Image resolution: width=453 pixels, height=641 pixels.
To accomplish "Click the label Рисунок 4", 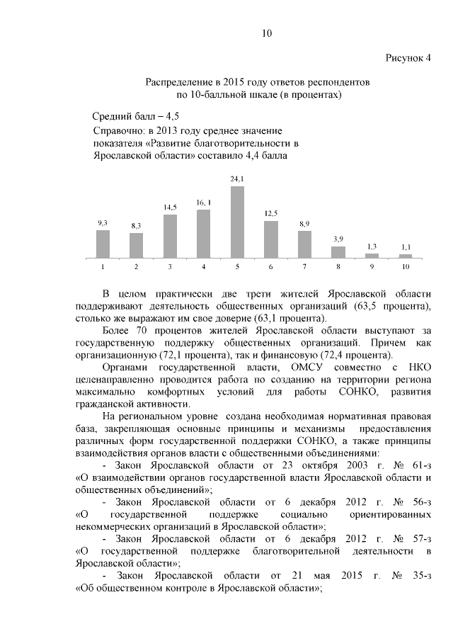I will click(408, 57).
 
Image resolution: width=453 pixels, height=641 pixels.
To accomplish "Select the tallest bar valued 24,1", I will click(237, 222).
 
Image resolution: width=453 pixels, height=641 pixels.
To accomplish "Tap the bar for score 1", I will click(103, 244).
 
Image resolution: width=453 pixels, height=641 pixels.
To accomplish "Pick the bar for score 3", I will click(170, 236).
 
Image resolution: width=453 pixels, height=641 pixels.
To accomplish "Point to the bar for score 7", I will click(304, 244).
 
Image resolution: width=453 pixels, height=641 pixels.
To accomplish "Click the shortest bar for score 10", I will click(406, 255).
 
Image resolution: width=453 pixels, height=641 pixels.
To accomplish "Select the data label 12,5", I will click(271, 213).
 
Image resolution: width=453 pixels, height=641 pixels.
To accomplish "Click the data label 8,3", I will click(136, 225).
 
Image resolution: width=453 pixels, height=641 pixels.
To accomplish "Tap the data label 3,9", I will click(338, 239).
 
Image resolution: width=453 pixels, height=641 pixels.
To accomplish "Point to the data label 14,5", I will click(170, 207).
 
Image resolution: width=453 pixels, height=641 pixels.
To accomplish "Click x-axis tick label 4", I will click(203, 267).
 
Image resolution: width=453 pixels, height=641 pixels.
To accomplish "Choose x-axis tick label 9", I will click(372, 267).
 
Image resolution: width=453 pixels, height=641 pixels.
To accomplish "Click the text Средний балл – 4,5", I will click(136, 116).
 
